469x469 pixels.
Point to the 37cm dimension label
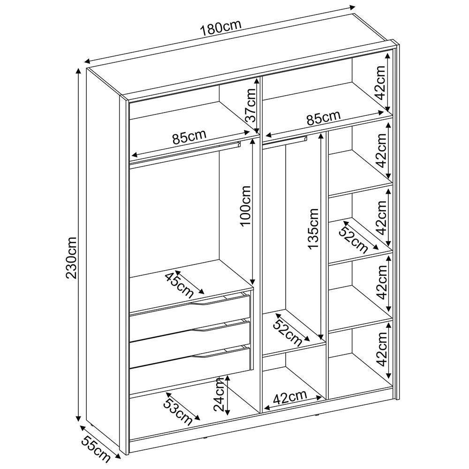pyautogui.click(x=250, y=106)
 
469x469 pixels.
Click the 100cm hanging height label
pyautogui.click(x=246, y=206)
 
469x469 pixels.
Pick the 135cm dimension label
pyautogui.click(x=313, y=228)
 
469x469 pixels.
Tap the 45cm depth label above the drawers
pyautogui.click(x=179, y=285)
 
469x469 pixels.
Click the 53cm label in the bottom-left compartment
pyautogui.click(x=177, y=412)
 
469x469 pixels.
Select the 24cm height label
pyautogui.click(x=219, y=394)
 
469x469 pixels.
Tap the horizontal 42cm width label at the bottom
pyautogui.click(x=290, y=397)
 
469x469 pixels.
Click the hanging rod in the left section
pyautogui.click(x=185, y=152)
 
